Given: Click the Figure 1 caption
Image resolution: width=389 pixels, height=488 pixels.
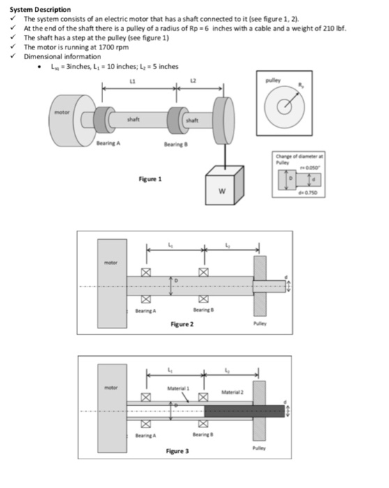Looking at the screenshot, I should pos(149,178).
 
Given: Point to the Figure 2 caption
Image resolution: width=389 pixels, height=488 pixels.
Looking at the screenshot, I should pos(182,325).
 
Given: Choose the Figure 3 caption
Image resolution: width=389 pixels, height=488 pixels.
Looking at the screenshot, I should pos(178,451).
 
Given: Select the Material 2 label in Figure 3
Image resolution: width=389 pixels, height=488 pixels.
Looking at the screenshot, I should pos(234,392).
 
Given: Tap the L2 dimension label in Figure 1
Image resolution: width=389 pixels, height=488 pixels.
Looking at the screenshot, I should pos(195,82).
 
